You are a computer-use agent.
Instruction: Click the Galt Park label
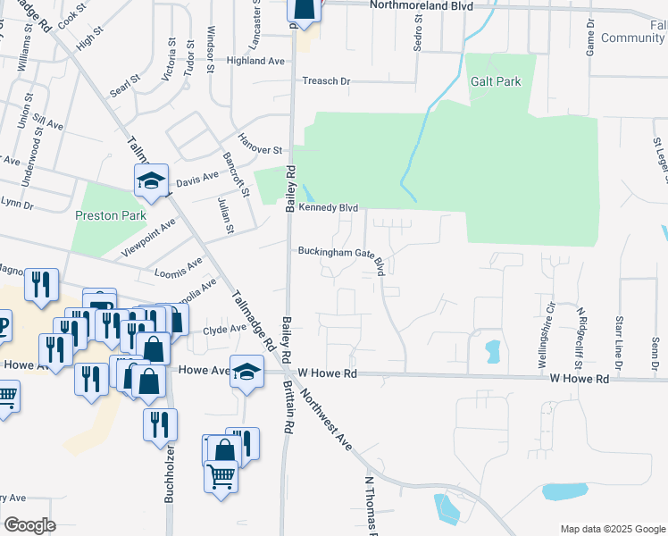[496, 81]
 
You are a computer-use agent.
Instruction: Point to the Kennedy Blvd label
[328, 208]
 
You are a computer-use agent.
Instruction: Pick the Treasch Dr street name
[326, 80]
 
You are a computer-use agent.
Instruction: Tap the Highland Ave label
[255, 61]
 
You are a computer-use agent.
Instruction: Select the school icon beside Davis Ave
[152, 180]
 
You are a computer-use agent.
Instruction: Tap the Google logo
[29, 525]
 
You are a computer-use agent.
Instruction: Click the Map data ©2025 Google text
[612, 529]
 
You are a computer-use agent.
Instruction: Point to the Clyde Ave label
[224, 329]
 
